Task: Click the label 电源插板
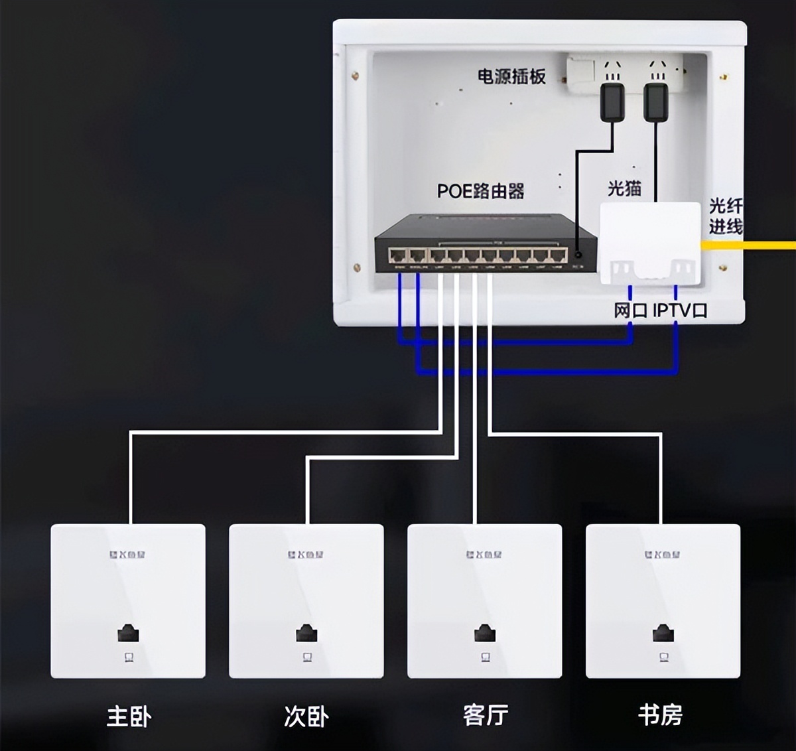coord(511,77)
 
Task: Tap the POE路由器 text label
coord(480,192)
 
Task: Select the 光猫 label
coord(624,188)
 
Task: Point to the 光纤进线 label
coord(725,216)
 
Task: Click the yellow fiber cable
coord(750,245)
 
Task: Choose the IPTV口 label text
coord(680,310)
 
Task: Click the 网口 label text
coord(630,310)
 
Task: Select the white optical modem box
coord(650,242)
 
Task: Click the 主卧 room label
coord(129,717)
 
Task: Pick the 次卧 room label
coord(306,717)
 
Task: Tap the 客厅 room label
coord(485,715)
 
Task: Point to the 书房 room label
coord(661,715)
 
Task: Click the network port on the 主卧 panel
coord(128,634)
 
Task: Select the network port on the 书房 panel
coord(663,634)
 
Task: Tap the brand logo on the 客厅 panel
coord(484,554)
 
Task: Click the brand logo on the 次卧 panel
coord(306,554)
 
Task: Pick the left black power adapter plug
coord(612,102)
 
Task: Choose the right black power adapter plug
coord(655,102)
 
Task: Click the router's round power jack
coord(578,255)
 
